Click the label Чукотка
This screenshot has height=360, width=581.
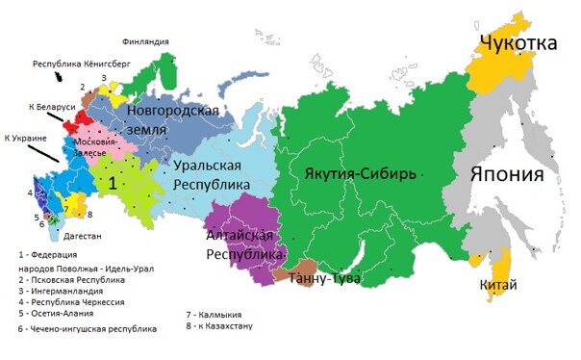pyautogui.click(x=518, y=42)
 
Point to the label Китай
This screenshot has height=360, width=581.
pyautogui.click(x=497, y=285)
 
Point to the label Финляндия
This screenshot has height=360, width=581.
pyautogui.click(x=146, y=41)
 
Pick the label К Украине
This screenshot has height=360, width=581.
pyautogui.click(x=26, y=140)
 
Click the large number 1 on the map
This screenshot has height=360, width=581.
pyautogui.click(x=113, y=181)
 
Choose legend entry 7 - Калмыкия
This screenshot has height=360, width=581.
pyautogui.click(x=214, y=315)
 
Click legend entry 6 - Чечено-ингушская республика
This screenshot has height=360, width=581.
pyautogui.click(x=87, y=328)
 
